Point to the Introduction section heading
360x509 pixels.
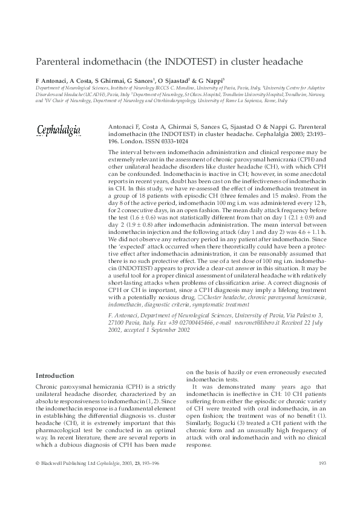55,375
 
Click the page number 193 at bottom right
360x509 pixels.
322,463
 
